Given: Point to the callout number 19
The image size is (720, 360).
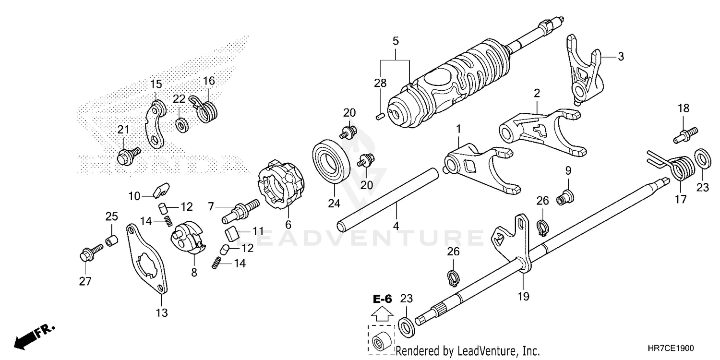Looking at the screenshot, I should pyautogui.click(x=523, y=297).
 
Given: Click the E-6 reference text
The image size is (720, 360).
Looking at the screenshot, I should pyautogui.click(x=383, y=300).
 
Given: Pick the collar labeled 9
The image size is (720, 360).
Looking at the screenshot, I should pyautogui.click(x=565, y=196).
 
